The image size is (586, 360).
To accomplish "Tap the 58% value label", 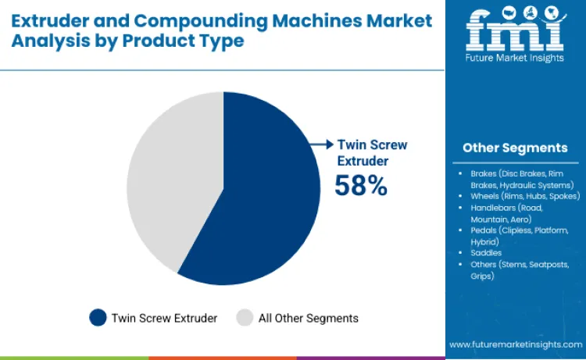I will (x=360, y=186).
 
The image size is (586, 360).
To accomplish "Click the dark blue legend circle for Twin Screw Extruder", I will (x=98, y=317).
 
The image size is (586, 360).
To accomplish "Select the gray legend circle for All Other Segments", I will (x=245, y=317).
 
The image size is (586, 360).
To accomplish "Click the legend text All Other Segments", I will (x=308, y=318).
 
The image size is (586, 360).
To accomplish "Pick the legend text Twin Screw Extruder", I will (x=164, y=318).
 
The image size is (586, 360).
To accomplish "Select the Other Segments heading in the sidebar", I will (x=515, y=148).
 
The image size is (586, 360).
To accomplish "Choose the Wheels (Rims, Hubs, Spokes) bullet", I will (x=523, y=197).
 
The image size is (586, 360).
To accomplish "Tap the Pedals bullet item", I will (x=516, y=237).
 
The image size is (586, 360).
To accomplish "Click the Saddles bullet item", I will (x=485, y=254).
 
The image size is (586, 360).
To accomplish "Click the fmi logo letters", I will (x=515, y=30).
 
